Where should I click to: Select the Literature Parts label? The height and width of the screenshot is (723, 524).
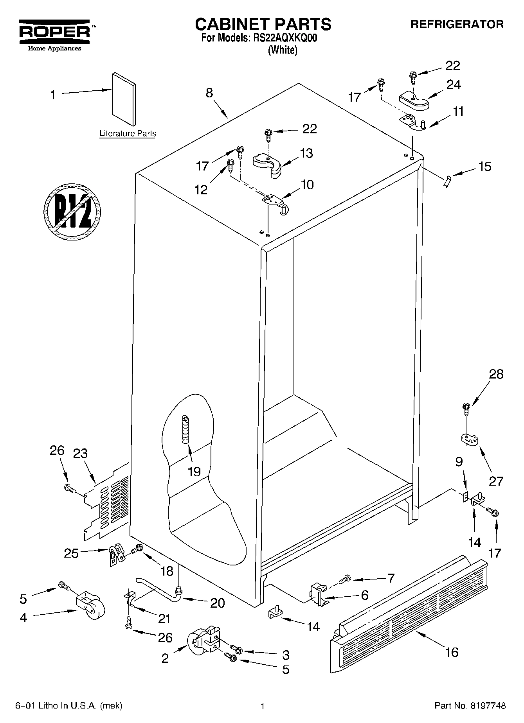(x=128, y=133)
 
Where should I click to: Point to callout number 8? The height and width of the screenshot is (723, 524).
(x=209, y=93)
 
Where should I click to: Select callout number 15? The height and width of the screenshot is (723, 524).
(x=484, y=167)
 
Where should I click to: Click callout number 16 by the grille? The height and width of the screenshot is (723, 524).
(x=452, y=652)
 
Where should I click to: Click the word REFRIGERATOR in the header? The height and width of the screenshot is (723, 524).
(x=457, y=24)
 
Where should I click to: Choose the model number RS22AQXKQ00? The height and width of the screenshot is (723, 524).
(x=284, y=38)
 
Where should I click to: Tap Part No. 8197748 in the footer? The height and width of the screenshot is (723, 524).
(x=470, y=706)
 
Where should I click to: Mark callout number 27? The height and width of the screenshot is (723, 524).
(x=496, y=481)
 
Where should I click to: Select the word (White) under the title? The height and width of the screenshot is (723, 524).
(x=282, y=50)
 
